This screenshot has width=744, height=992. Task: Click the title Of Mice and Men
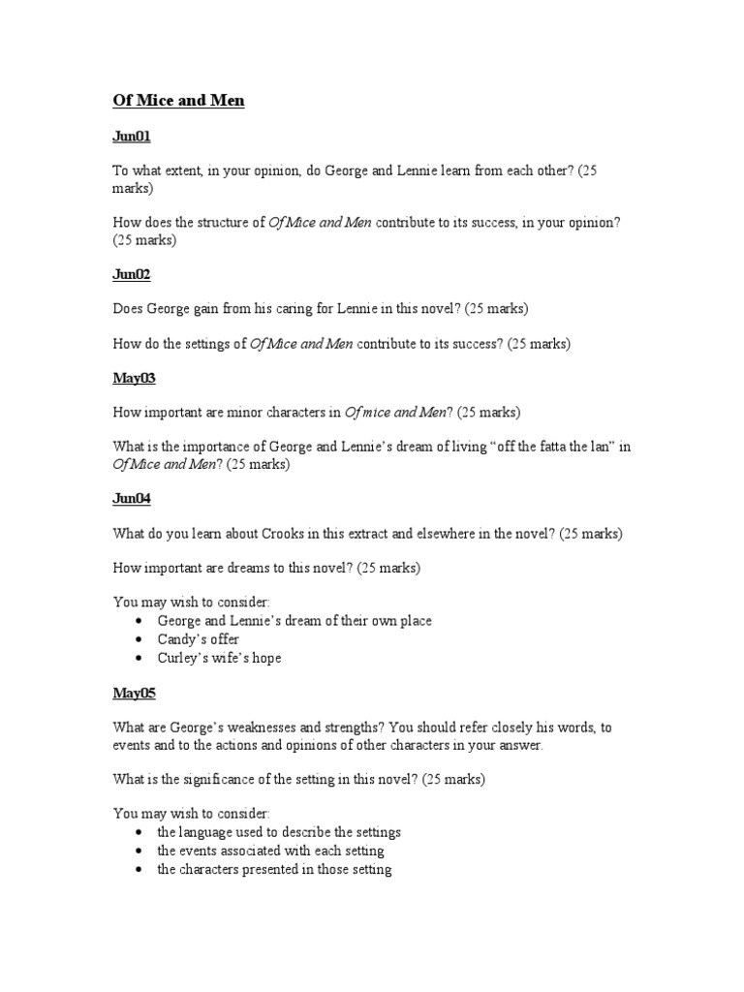pyautogui.click(x=178, y=101)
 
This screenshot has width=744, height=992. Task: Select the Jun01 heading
pyautogui.click(x=132, y=139)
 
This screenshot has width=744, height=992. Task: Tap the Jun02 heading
pyautogui.click(x=132, y=275)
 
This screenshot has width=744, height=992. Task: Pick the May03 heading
pyautogui.click(x=134, y=378)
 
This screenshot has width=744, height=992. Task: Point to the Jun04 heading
pyautogui.click(x=132, y=499)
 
